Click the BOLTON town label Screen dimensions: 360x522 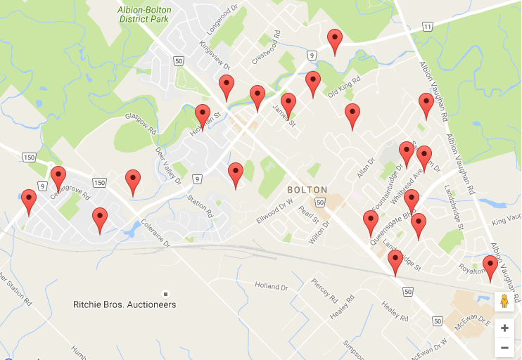pos(307,190)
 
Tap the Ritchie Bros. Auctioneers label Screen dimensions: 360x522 pos(125,304)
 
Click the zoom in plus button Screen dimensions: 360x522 pos(504,328)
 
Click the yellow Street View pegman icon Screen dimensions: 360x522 pos(504,301)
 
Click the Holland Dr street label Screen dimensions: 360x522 pos(272,287)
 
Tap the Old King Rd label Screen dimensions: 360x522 pos(345,87)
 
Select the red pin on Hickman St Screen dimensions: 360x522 pos(203,116)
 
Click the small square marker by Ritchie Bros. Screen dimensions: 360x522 pos(166,293)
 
